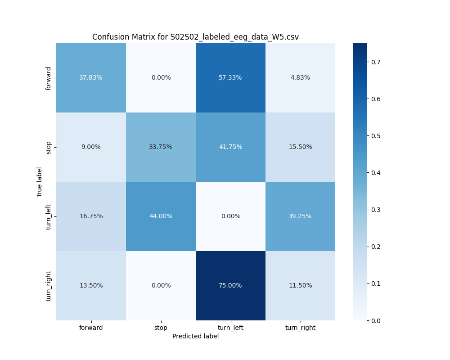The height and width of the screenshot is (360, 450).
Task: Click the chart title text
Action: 195,37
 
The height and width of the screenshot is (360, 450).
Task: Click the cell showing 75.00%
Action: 230,285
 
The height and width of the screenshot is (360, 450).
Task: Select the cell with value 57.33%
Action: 230,77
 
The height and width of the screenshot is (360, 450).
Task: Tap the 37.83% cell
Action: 91,77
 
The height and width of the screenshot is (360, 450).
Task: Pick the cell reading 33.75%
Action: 161,147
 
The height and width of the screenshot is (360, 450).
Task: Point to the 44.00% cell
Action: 161,216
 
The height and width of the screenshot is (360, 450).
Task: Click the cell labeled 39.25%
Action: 300,216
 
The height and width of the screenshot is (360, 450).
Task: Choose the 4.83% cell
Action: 300,77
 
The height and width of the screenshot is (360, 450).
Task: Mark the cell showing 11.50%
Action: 300,285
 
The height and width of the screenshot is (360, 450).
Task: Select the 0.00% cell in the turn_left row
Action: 230,216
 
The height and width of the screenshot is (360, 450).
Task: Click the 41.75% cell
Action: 230,147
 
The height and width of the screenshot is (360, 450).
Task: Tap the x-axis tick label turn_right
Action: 300,328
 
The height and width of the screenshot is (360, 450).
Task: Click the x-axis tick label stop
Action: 161,328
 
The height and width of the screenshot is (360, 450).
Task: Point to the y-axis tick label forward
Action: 49,78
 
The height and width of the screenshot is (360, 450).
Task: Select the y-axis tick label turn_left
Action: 49,216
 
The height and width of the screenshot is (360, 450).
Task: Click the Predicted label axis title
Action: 195,336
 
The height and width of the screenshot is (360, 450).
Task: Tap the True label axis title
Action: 40,182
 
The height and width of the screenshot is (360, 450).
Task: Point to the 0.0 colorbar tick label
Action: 375,320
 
